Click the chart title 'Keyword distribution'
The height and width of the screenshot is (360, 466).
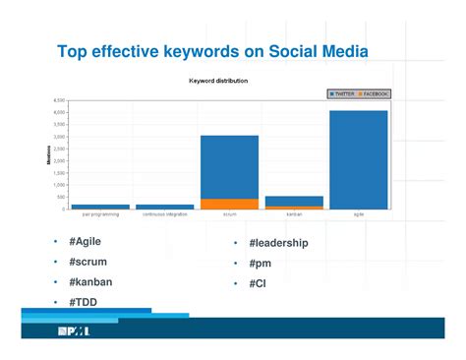tap(218, 80)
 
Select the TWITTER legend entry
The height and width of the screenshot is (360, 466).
tap(342, 93)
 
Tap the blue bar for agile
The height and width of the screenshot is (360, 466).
tap(358, 159)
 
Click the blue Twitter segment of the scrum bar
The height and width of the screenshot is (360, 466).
tap(229, 166)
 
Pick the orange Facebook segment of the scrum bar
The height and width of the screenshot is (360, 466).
tap(229, 204)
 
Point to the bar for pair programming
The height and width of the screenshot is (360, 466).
tap(100, 207)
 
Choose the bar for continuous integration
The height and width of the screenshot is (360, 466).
tap(164, 207)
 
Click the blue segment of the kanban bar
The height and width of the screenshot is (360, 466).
tap(294, 201)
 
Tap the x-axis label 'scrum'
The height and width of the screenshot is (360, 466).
tap(229, 214)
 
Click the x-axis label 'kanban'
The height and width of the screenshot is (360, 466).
tap(294, 214)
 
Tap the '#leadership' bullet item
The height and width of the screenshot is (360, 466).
tap(278, 243)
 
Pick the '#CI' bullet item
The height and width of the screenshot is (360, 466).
tap(259, 284)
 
